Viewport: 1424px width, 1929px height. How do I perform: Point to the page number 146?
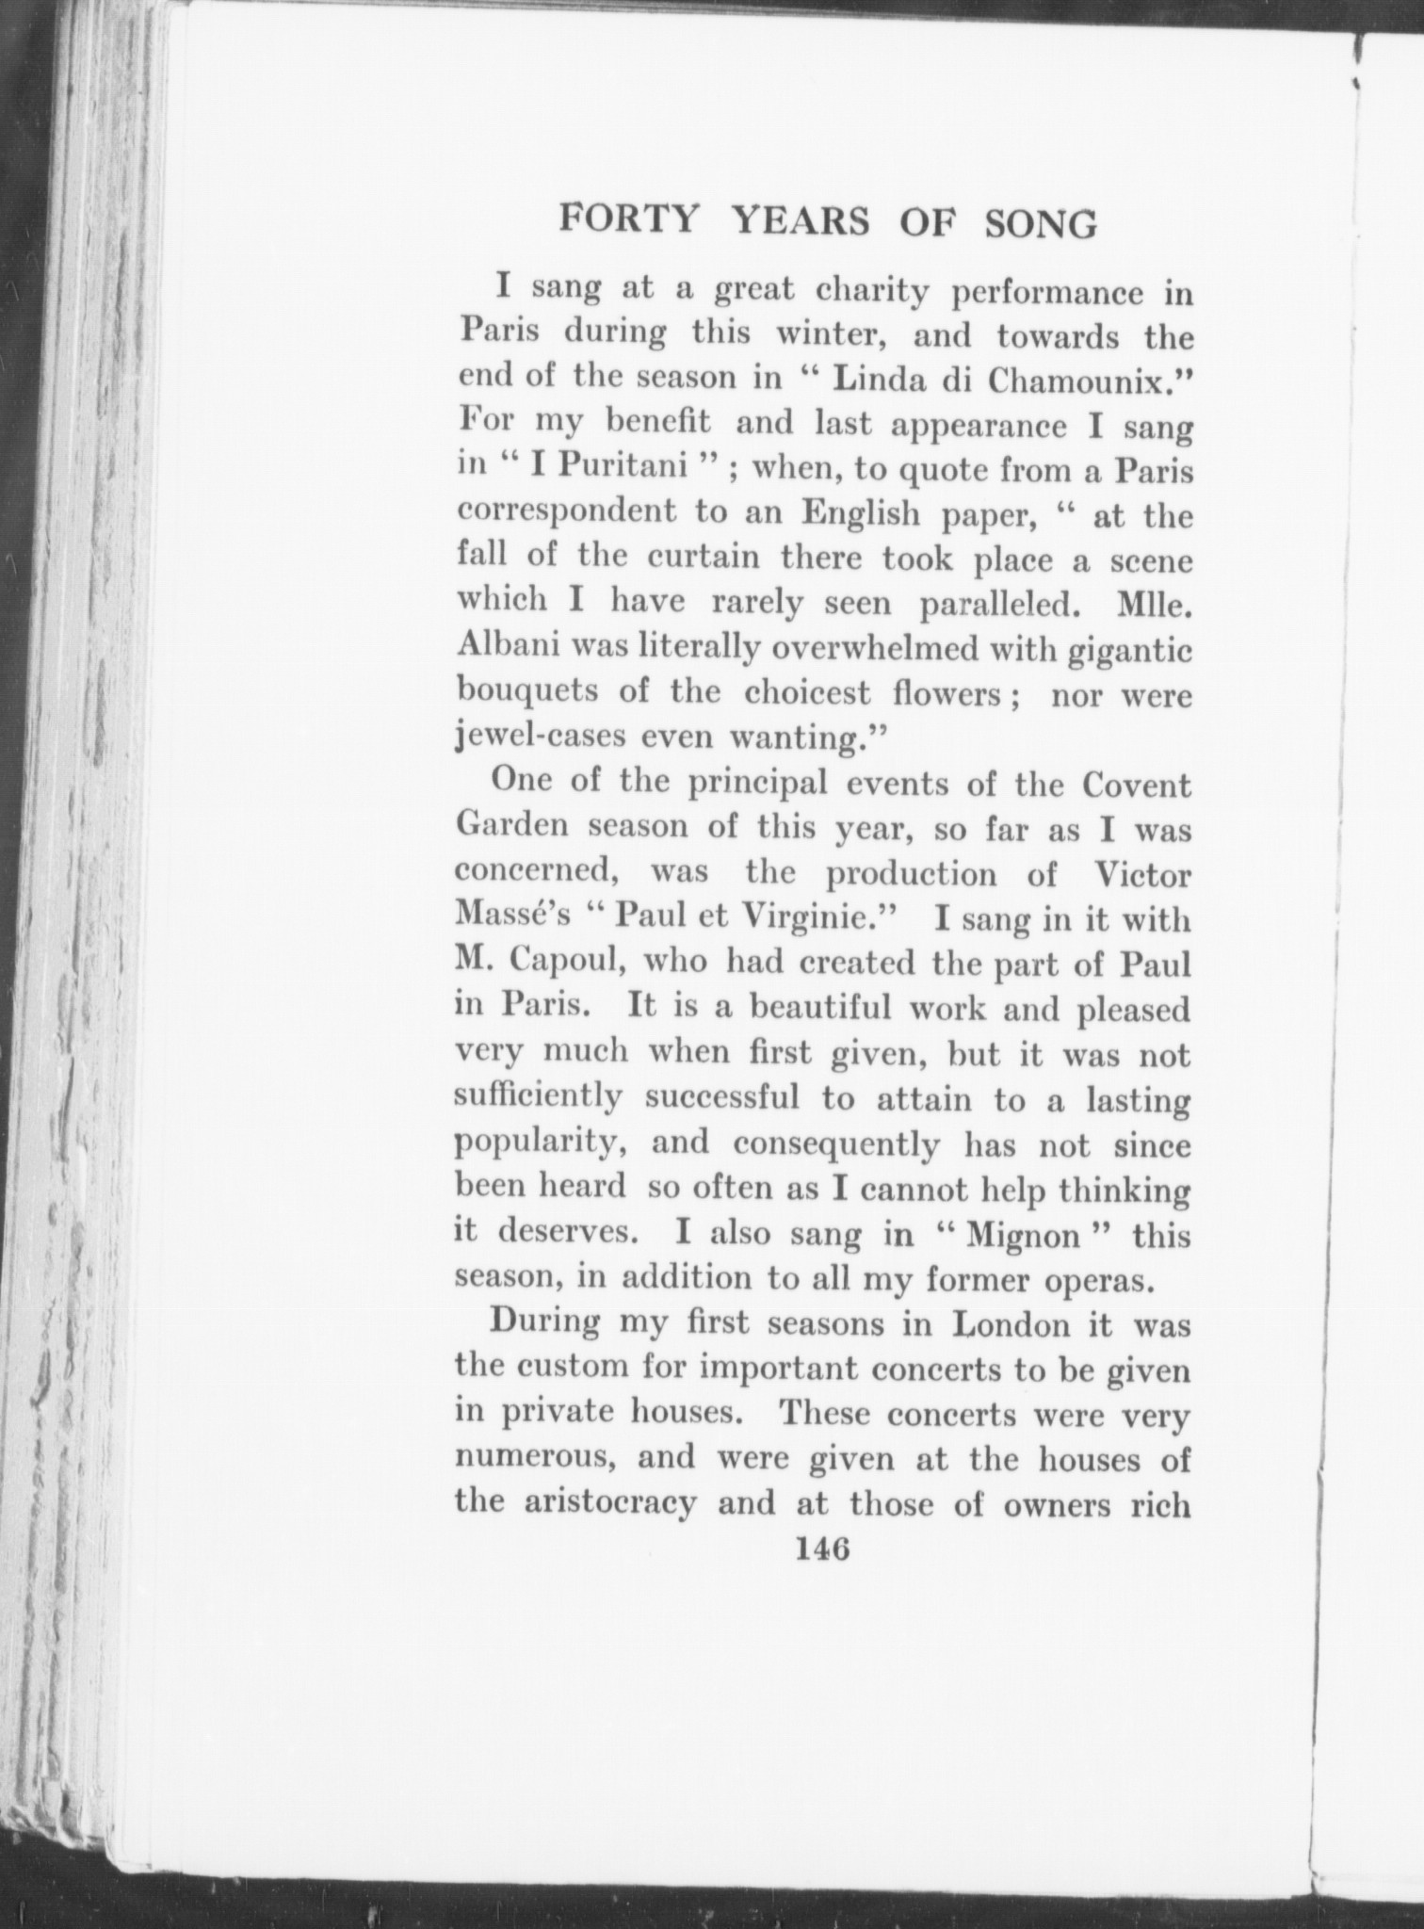822,1548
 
